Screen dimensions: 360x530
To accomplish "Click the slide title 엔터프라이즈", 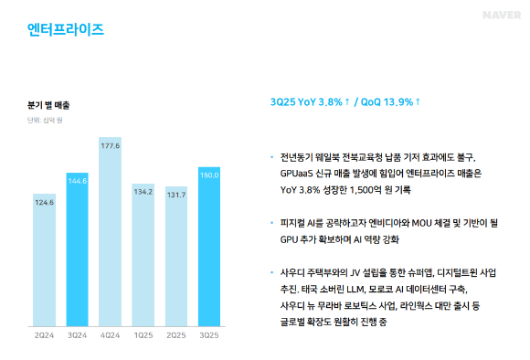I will pyautogui.click(x=66, y=30).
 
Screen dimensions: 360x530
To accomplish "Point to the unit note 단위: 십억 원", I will pyautogui.click(x=44, y=120).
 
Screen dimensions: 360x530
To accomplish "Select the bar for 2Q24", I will pyautogui.click(x=44, y=265).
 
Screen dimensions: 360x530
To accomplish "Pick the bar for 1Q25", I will pyautogui.click(x=143, y=260).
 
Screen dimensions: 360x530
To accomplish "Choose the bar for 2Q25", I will pyautogui.click(x=176, y=262).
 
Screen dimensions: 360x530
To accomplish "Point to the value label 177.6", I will pyautogui.click(x=111, y=145).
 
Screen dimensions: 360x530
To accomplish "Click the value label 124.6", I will pyautogui.click(x=44, y=202).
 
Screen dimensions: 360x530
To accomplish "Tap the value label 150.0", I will pyautogui.click(x=209, y=175).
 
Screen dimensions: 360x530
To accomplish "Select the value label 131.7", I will pyautogui.click(x=176, y=195).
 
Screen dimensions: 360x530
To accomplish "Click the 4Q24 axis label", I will pyautogui.click(x=111, y=336).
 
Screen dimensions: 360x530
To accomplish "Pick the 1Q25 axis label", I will pyautogui.click(x=143, y=336).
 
